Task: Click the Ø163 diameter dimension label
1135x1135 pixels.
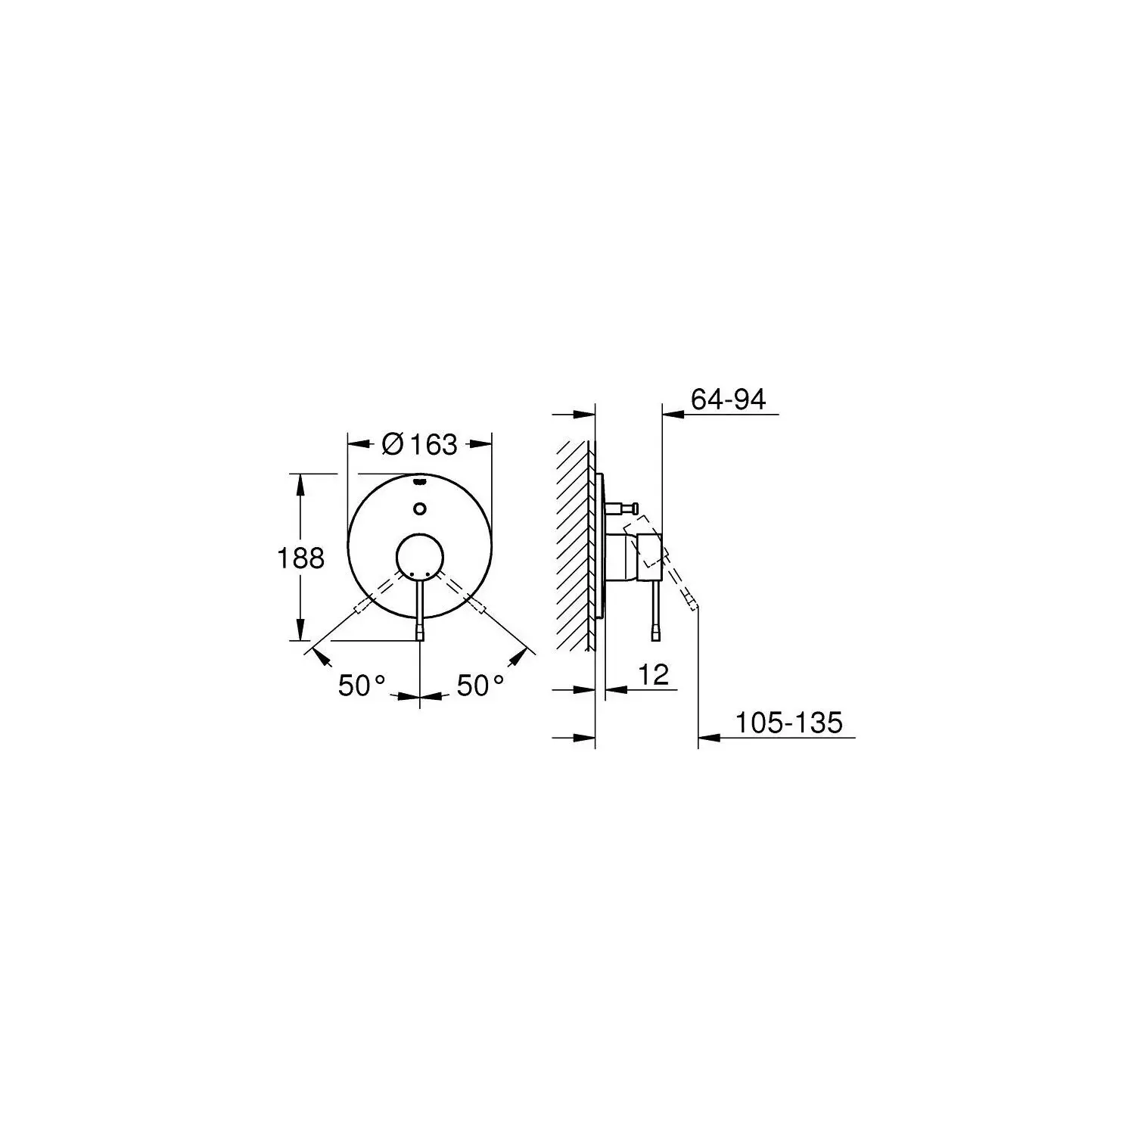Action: tap(420, 443)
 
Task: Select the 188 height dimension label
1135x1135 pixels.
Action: tap(300, 558)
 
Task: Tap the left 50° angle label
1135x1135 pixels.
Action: tap(362, 686)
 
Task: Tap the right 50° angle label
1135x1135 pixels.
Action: tap(480, 686)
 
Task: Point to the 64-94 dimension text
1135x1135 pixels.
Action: tap(729, 399)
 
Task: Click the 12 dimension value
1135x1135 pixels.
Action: tap(654, 674)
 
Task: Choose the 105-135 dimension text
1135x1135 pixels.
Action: tap(789, 723)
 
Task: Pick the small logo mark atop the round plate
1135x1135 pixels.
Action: tap(421, 480)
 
